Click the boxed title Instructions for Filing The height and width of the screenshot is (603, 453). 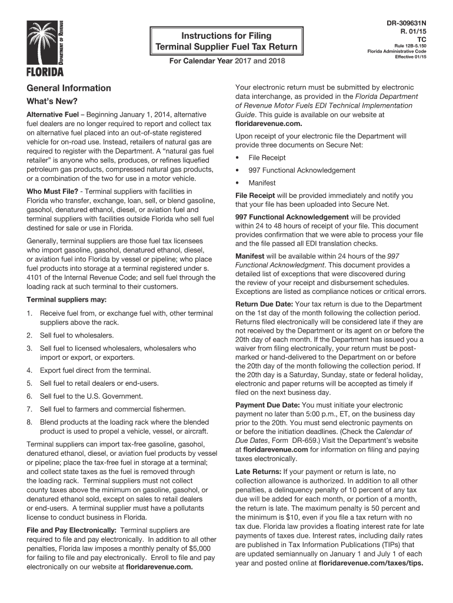226,35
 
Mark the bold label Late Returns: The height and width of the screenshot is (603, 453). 258,472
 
